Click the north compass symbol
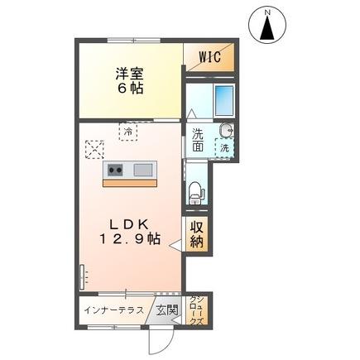pos(267,24)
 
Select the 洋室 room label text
pos(129,72)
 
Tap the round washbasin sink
pos(227,130)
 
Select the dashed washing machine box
pos(223,146)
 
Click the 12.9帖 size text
pos(131,240)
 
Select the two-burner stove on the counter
pos(114,170)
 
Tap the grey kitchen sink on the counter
pos(142,170)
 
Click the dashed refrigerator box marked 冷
pos(128,130)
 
